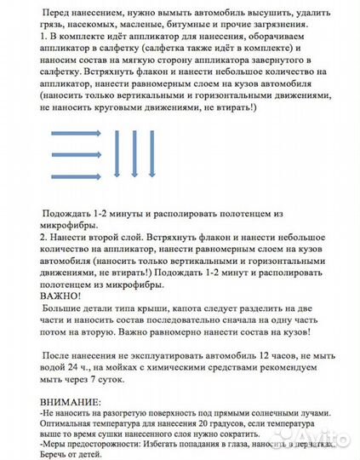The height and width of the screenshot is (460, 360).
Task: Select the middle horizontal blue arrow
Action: [x=76, y=154]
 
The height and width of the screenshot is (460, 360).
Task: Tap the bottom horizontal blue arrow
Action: [x=76, y=175]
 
